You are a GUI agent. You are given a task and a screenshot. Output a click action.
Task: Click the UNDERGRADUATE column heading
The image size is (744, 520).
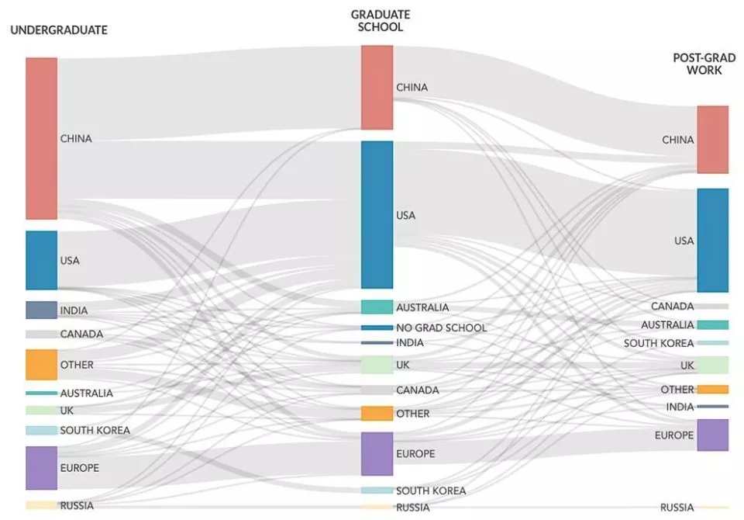tap(58, 30)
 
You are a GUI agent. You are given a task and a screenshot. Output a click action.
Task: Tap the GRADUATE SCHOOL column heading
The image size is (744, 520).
tap(381, 21)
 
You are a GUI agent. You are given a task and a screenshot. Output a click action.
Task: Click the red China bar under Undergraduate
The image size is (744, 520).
tap(41, 138)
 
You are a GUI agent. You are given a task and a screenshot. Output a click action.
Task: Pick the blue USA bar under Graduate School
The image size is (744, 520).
tap(377, 214)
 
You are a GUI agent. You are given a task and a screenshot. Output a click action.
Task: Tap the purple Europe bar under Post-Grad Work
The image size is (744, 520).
tap(712, 435)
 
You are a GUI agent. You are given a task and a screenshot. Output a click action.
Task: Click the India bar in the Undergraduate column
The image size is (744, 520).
tap(41, 310)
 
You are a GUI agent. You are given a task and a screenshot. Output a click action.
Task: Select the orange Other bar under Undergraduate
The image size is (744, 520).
tap(41, 364)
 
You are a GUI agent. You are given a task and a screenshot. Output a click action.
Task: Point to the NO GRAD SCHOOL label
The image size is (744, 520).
tap(441, 328)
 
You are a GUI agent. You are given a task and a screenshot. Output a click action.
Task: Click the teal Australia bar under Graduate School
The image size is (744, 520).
tap(377, 307)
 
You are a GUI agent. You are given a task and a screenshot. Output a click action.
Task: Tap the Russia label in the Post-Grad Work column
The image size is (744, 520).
tap(677, 508)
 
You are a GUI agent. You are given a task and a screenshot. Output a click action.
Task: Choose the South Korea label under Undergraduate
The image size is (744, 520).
tap(95, 430)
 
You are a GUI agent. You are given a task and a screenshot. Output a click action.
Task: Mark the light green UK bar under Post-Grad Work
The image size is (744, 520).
tap(712, 365)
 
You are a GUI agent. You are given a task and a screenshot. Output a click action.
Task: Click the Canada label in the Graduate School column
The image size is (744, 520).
tap(417, 390)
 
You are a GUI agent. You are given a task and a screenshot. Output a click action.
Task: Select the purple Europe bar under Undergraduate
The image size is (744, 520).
tap(41, 468)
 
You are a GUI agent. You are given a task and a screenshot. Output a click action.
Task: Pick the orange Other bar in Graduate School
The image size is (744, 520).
tap(377, 414)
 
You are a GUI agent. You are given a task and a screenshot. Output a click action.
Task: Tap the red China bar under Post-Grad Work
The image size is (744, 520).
tap(712, 140)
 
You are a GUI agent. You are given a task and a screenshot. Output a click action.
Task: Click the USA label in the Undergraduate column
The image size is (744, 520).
tap(70, 260)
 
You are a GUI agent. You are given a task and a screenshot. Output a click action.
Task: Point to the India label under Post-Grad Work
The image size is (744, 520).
tap(680, 407)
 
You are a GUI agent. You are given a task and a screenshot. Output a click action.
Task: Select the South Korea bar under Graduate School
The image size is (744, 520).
tap(377, 491)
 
